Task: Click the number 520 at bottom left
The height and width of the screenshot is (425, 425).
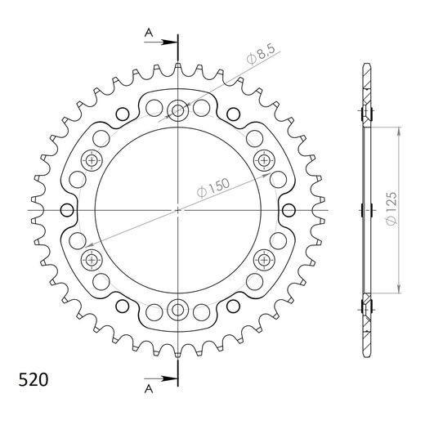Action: point(33,381)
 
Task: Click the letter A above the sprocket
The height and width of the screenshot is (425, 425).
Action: point(148,32)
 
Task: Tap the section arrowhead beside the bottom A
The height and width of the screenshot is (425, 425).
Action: point(171,378)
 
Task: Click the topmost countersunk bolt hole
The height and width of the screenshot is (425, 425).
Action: point(177,110)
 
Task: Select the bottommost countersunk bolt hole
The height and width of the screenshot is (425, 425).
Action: point(177,310)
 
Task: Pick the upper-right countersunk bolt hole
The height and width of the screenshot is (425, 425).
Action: point(264,159)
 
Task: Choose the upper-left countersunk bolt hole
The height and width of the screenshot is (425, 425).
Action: point(91,159)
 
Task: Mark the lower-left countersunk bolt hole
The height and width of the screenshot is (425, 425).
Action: point(91,260)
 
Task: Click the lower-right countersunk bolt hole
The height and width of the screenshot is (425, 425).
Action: point(264,260)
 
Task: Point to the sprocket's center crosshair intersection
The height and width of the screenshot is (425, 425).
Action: point(177,210)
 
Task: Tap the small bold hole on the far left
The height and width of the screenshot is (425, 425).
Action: point(62,210)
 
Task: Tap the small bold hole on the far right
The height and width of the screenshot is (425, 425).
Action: point(293,210)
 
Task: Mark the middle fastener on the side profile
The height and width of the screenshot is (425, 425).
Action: point(365,210)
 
